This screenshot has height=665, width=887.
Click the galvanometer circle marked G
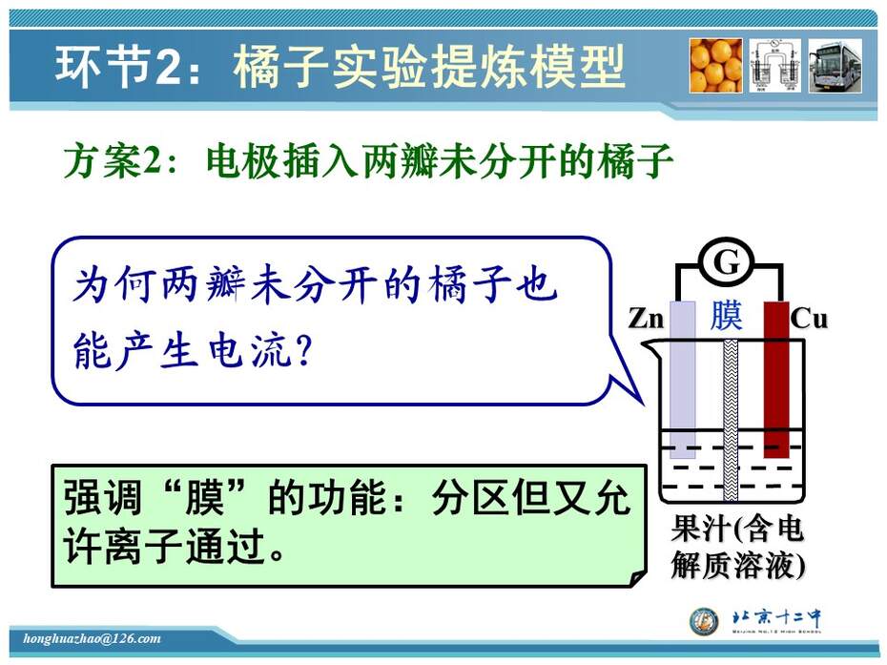[x=727, y=263]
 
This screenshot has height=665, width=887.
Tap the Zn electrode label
[x=646, y=318]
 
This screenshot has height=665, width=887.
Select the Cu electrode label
[x=809, y=318]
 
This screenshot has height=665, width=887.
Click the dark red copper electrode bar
[x=776, y=379]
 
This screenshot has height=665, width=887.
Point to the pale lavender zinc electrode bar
[x=683, y=379]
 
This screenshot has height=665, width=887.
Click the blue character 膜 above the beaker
[x=727, y=315]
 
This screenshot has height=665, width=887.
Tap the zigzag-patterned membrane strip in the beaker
[x=731, y=420]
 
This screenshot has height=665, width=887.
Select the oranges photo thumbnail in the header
[x=715, y=66]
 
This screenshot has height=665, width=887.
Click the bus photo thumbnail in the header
[x=835, y=66]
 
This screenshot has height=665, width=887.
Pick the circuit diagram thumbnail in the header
[x=775, y=66]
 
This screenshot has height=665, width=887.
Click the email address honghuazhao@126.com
[x=93, y=638]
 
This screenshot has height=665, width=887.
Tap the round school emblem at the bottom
[x=704, y=621]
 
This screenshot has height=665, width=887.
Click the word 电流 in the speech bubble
[x=249, y=351]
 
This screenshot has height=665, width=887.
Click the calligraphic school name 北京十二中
[x=776, y=617]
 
